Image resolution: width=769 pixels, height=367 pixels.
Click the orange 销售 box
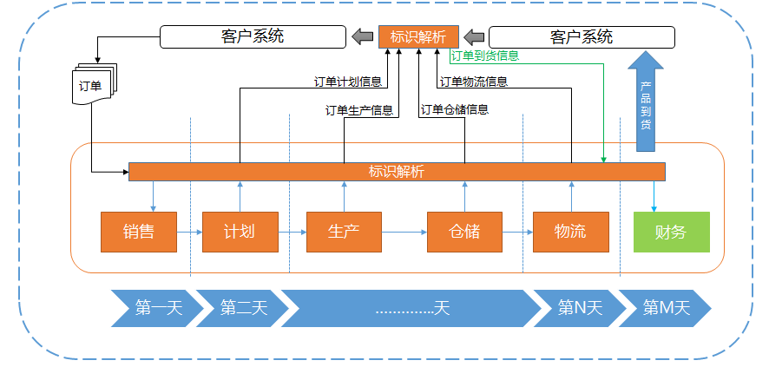(x=139, y=232)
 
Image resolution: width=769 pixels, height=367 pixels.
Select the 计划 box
(x=240, y=232)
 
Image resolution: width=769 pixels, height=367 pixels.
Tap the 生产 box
(x=344, y=232)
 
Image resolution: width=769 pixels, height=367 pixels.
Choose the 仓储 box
(x=465, y=232)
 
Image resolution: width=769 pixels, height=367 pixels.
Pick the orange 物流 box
(x=571, y=232)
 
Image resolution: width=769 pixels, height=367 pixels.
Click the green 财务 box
(x=671, y=232)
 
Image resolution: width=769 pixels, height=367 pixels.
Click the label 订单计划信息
(x=348, y=83)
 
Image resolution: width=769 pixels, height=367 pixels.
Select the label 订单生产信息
(x=358, y=110)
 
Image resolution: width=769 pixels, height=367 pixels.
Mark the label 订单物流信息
(x=474, y=82)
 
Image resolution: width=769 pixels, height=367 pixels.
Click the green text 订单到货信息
(x=485, y=56)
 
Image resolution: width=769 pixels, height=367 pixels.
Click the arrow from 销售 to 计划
(x=189, y=233)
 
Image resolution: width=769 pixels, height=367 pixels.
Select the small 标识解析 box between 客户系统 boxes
(x=418, y=36)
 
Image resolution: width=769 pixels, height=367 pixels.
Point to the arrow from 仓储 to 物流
(x=518, y=233)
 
